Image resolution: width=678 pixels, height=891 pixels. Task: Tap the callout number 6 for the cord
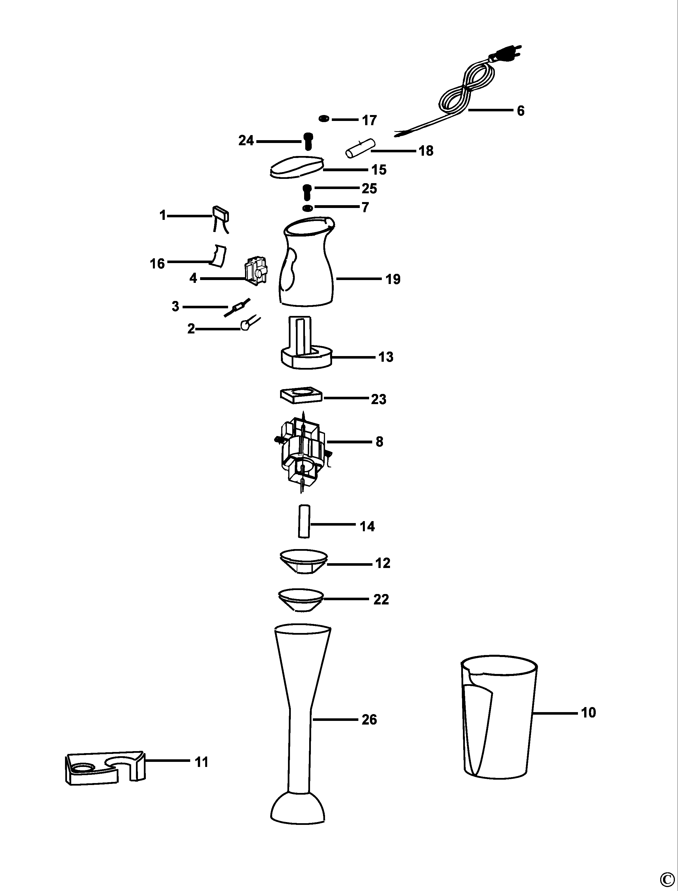click(521, 110)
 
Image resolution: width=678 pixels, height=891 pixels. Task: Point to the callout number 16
click(157, 263)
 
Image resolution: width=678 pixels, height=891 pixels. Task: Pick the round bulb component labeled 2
click(245, 325)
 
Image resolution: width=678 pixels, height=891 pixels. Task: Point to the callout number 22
click(381, 599)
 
